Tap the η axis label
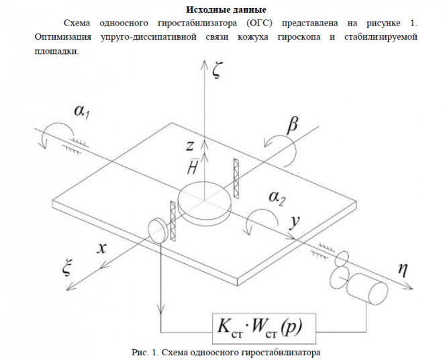[403, 270]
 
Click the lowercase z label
[192, 145]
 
